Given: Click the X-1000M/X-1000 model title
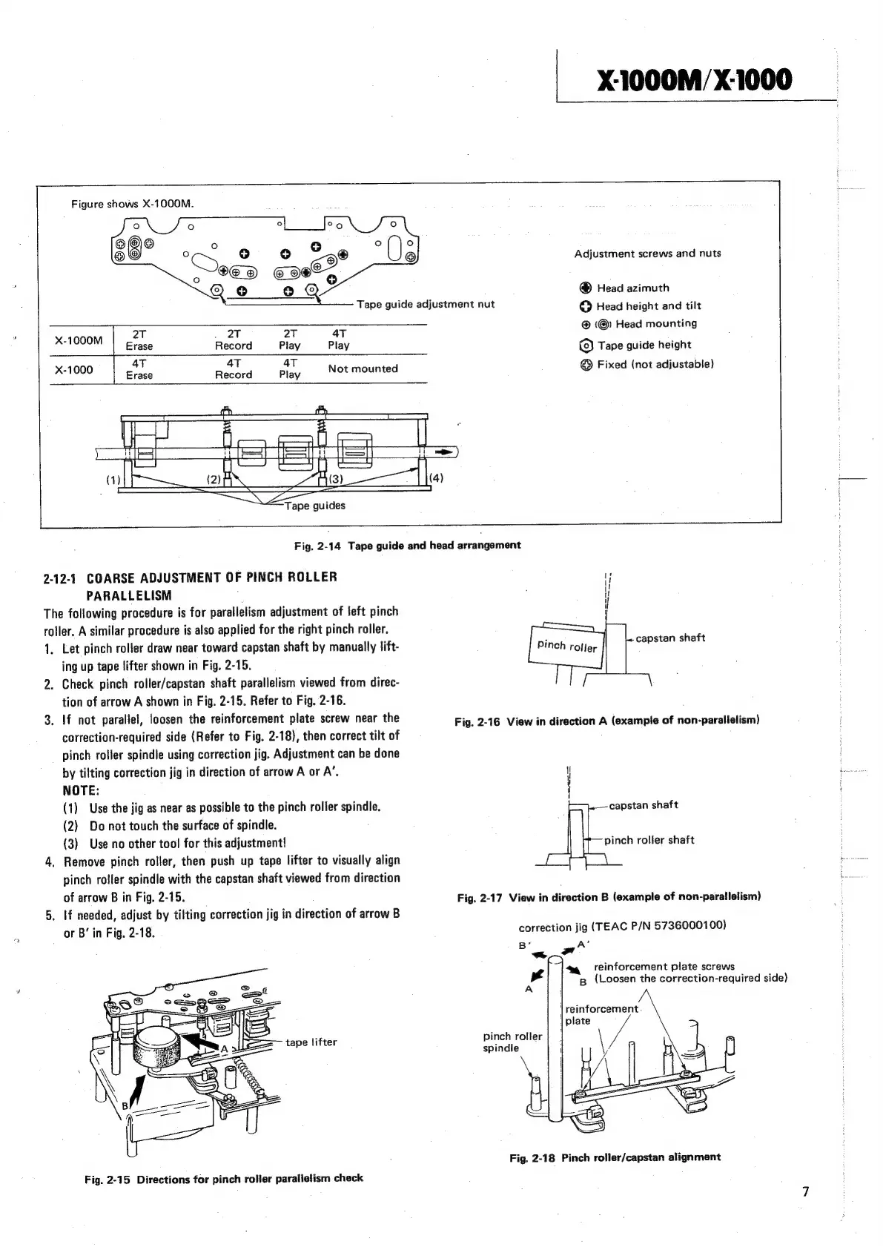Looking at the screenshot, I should (x=696, y=79).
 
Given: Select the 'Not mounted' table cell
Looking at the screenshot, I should (x=363, y=368).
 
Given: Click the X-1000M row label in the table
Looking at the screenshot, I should (x=79, y=340).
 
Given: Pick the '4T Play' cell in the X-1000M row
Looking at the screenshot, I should (x=338, y=340).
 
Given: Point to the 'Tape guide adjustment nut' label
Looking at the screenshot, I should (x=425, y=304).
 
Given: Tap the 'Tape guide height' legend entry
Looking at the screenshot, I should (x=644, y=345).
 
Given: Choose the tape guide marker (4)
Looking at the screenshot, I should (x=437, y=478).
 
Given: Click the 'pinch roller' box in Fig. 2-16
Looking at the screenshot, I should (x=566, y=645).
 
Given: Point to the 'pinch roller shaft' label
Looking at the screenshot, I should (x=649, y=840).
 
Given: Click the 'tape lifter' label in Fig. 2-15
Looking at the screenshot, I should (x=311, y=1042).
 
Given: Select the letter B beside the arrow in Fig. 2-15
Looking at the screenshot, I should (x=125, y=1105).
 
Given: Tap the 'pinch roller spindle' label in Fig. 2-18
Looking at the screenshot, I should (x=512, y=1042).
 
